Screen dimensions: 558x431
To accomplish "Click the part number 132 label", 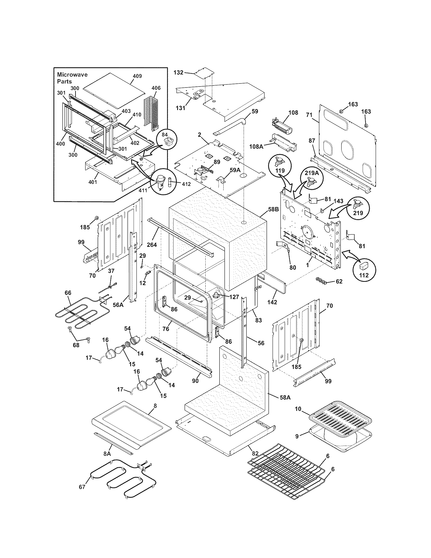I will tap(178, 73).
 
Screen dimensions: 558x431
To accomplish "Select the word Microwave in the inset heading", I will tap(72, 75).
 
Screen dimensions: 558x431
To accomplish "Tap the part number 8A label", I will tap(107, 454).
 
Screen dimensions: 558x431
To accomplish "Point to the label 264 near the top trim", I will tap(152, 245).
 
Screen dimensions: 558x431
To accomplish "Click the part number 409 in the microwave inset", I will tap(137, 76).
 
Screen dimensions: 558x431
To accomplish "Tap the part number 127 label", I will tap(234, 297).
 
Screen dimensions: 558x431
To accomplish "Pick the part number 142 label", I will tap(272, 302).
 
